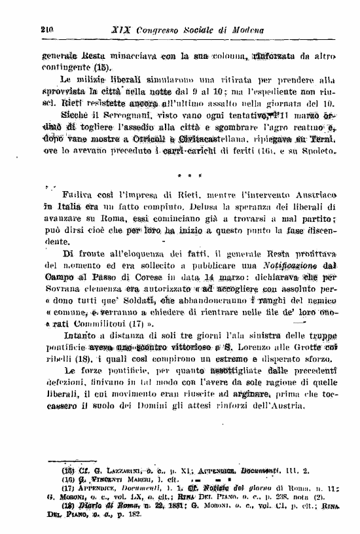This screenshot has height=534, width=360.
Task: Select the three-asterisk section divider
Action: click(x=190, y=176)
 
